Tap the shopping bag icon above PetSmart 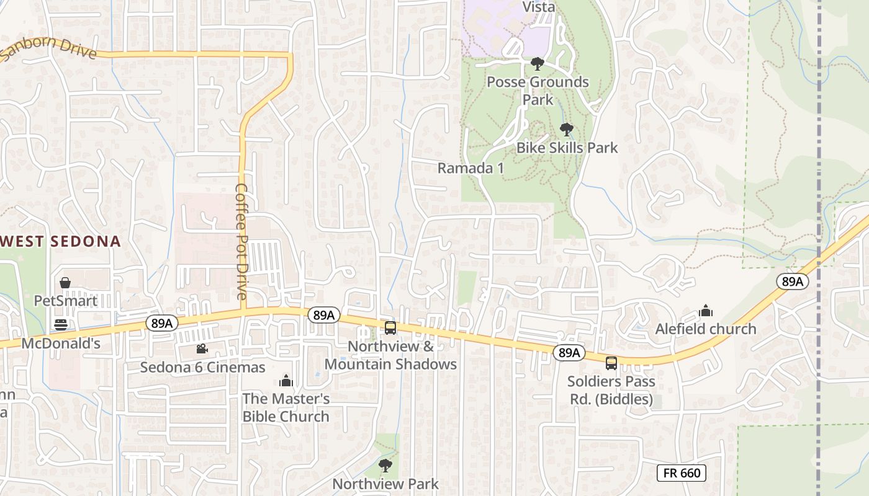[65, 283]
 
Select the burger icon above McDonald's [61, 324]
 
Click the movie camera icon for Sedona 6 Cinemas [202, 349]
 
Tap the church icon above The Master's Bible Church [286, 380]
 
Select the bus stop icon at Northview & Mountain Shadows [390, 328]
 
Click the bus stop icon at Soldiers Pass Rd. [611, 363]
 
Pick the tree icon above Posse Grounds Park [538, 64]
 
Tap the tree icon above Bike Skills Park [566, 130]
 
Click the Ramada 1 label [471, 168]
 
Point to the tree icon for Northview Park [385, 465]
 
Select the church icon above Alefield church [706, 311]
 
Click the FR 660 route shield [682, 473]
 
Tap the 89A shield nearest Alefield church [793, 281]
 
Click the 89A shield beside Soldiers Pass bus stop [569, 353]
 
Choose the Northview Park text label [385, 484]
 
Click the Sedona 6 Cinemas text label [202, 367]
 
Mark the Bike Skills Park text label [567, 148]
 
